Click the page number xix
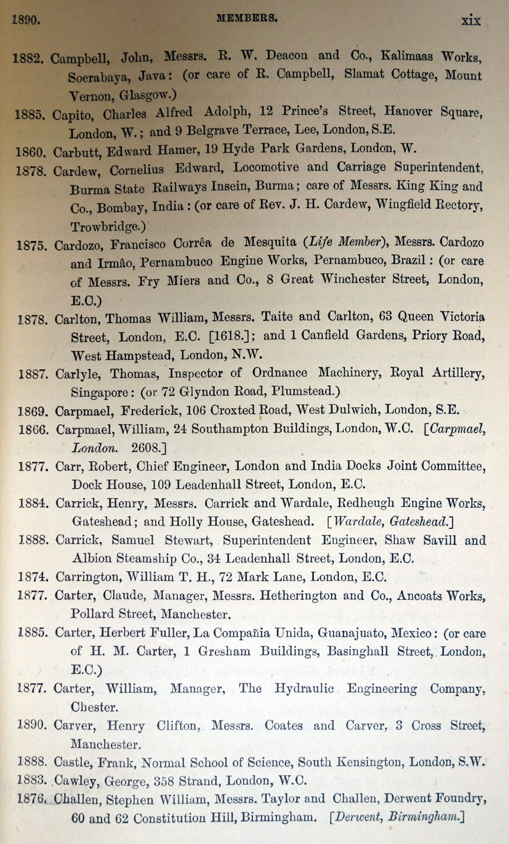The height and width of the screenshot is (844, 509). (x=471, y=21)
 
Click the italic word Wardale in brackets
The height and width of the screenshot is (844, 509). (x=360, y=521)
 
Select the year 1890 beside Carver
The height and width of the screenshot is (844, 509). (x=30, y=726)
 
